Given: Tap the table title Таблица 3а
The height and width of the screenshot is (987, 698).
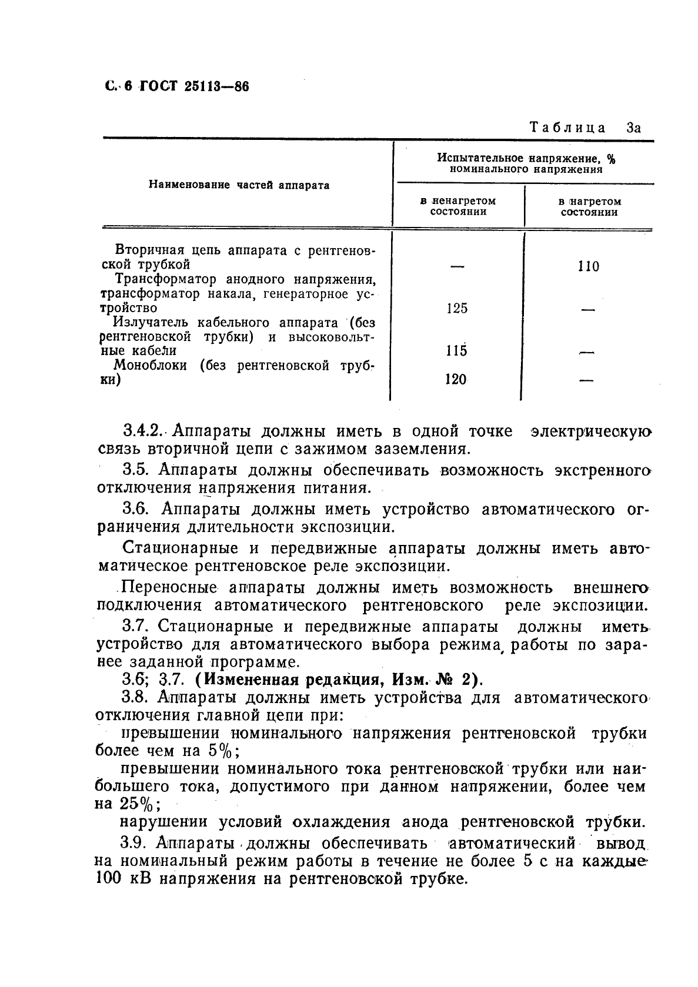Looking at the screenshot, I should point(584,128).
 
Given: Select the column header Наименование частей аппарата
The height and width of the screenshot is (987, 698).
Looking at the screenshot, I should point(239,185).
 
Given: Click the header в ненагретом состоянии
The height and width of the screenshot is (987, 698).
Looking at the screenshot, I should point(458,206).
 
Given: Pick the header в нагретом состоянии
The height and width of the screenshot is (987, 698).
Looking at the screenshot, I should point(589,206).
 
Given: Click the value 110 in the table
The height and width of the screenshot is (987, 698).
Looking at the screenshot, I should point(588,267).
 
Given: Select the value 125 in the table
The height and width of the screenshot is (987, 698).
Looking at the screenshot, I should point(457,309).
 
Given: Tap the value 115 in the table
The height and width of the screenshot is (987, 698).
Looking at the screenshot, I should point(456,351).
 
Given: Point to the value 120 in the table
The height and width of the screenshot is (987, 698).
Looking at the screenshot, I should point(456,380).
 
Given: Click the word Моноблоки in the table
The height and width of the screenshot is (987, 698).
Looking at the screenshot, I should point(150,366).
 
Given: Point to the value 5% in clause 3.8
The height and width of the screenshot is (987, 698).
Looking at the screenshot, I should point(221,751).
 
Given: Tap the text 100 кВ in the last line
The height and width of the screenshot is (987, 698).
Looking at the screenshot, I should point(123,879).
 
